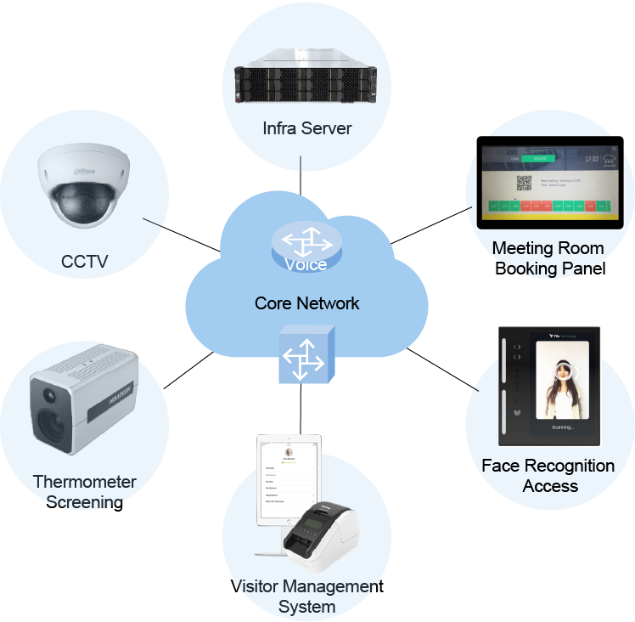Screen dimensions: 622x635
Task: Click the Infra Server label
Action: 306,128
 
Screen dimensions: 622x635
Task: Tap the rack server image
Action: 306,82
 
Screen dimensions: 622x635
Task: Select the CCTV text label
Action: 85,262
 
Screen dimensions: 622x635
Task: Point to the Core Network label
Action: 306,303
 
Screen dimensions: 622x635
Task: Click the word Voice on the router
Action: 306,265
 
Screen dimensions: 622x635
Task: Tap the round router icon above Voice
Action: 306,243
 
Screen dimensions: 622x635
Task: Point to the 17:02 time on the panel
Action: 593,159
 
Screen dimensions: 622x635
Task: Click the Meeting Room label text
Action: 548,248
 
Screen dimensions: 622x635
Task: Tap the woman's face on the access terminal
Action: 560,374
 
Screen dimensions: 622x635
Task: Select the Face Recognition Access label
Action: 548,476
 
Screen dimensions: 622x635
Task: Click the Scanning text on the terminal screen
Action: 562,427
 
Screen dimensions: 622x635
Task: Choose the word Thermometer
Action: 85,482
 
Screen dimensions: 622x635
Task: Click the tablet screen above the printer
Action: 289,480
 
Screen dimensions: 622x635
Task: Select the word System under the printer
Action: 306,607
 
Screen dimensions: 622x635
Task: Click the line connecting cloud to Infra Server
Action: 301,178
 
